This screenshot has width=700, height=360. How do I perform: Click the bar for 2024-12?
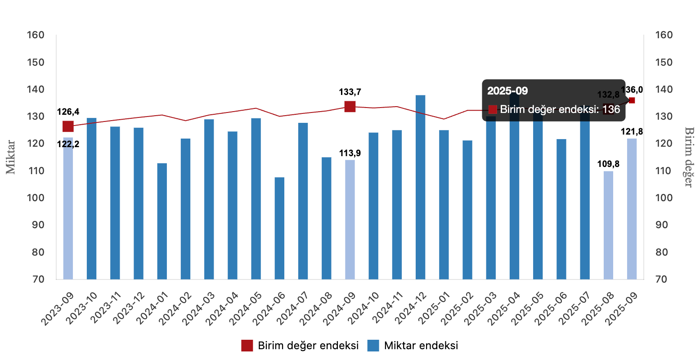click(x=420, y=187)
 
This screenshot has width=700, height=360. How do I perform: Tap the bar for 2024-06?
click(x=279, y=228)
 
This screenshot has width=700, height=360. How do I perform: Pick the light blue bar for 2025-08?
click(x=608, y=225)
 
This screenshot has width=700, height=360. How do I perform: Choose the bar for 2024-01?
click(x=162, y=221)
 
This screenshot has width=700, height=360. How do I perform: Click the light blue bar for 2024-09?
click(x=350, y=219)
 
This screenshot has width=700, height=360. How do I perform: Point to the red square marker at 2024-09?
click(x=350, y=107)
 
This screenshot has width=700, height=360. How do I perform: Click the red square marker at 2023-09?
click(x=68, y=126)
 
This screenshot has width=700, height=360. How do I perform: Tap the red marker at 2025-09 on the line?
click(x=632, y=100)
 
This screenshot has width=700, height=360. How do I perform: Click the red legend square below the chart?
click(x=247, y=346)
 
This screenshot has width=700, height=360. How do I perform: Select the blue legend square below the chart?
click(x=373, y=346)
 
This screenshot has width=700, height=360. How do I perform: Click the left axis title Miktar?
click(x=11, y=157)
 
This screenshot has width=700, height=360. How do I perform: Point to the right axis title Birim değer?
click(x=688, y=157)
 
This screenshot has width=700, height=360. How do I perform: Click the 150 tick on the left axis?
click(x=36, y=62)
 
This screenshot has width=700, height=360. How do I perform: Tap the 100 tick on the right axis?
click(x=664, y=198)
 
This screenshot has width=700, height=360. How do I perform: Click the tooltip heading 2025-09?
click(x=507, y=91)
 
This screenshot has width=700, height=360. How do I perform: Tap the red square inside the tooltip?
click(x=493, y=109)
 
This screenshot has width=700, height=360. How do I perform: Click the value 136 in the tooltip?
click(x=611, y=109)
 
